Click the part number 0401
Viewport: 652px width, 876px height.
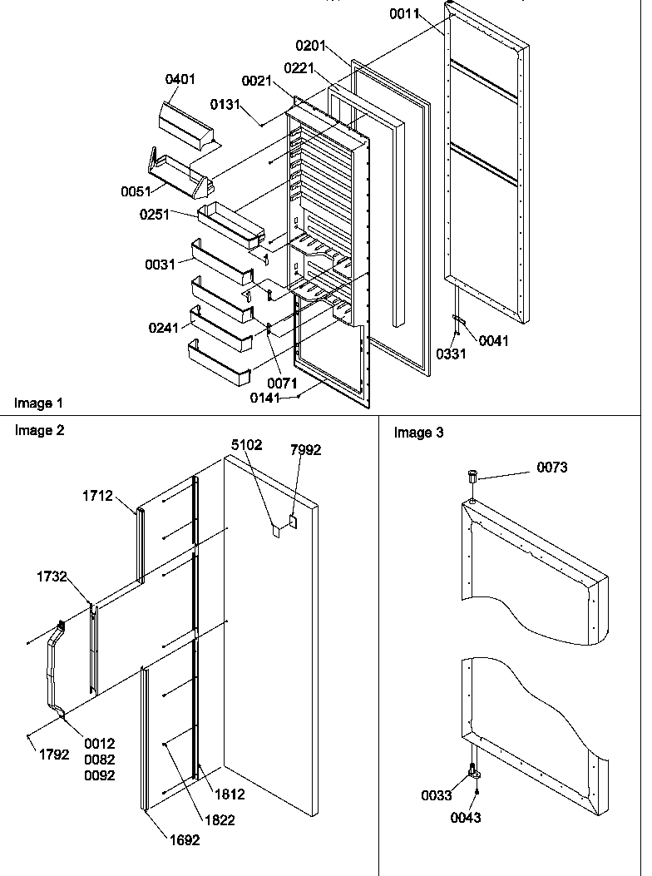point(180,79)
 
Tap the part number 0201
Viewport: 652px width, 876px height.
point(311,45)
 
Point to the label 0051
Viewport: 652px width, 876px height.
point(135,191)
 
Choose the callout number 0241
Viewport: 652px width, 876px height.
point(164,327)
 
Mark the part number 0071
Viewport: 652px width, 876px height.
point(282,384)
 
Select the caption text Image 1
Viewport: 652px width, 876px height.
point(38,403)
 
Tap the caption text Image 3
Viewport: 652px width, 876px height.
point(418,433)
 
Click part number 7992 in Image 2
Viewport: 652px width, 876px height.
point(305,450)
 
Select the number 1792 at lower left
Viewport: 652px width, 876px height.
point(53,756)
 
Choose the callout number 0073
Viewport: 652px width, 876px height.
point(551,468)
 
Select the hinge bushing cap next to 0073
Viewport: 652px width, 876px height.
point(473,478)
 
